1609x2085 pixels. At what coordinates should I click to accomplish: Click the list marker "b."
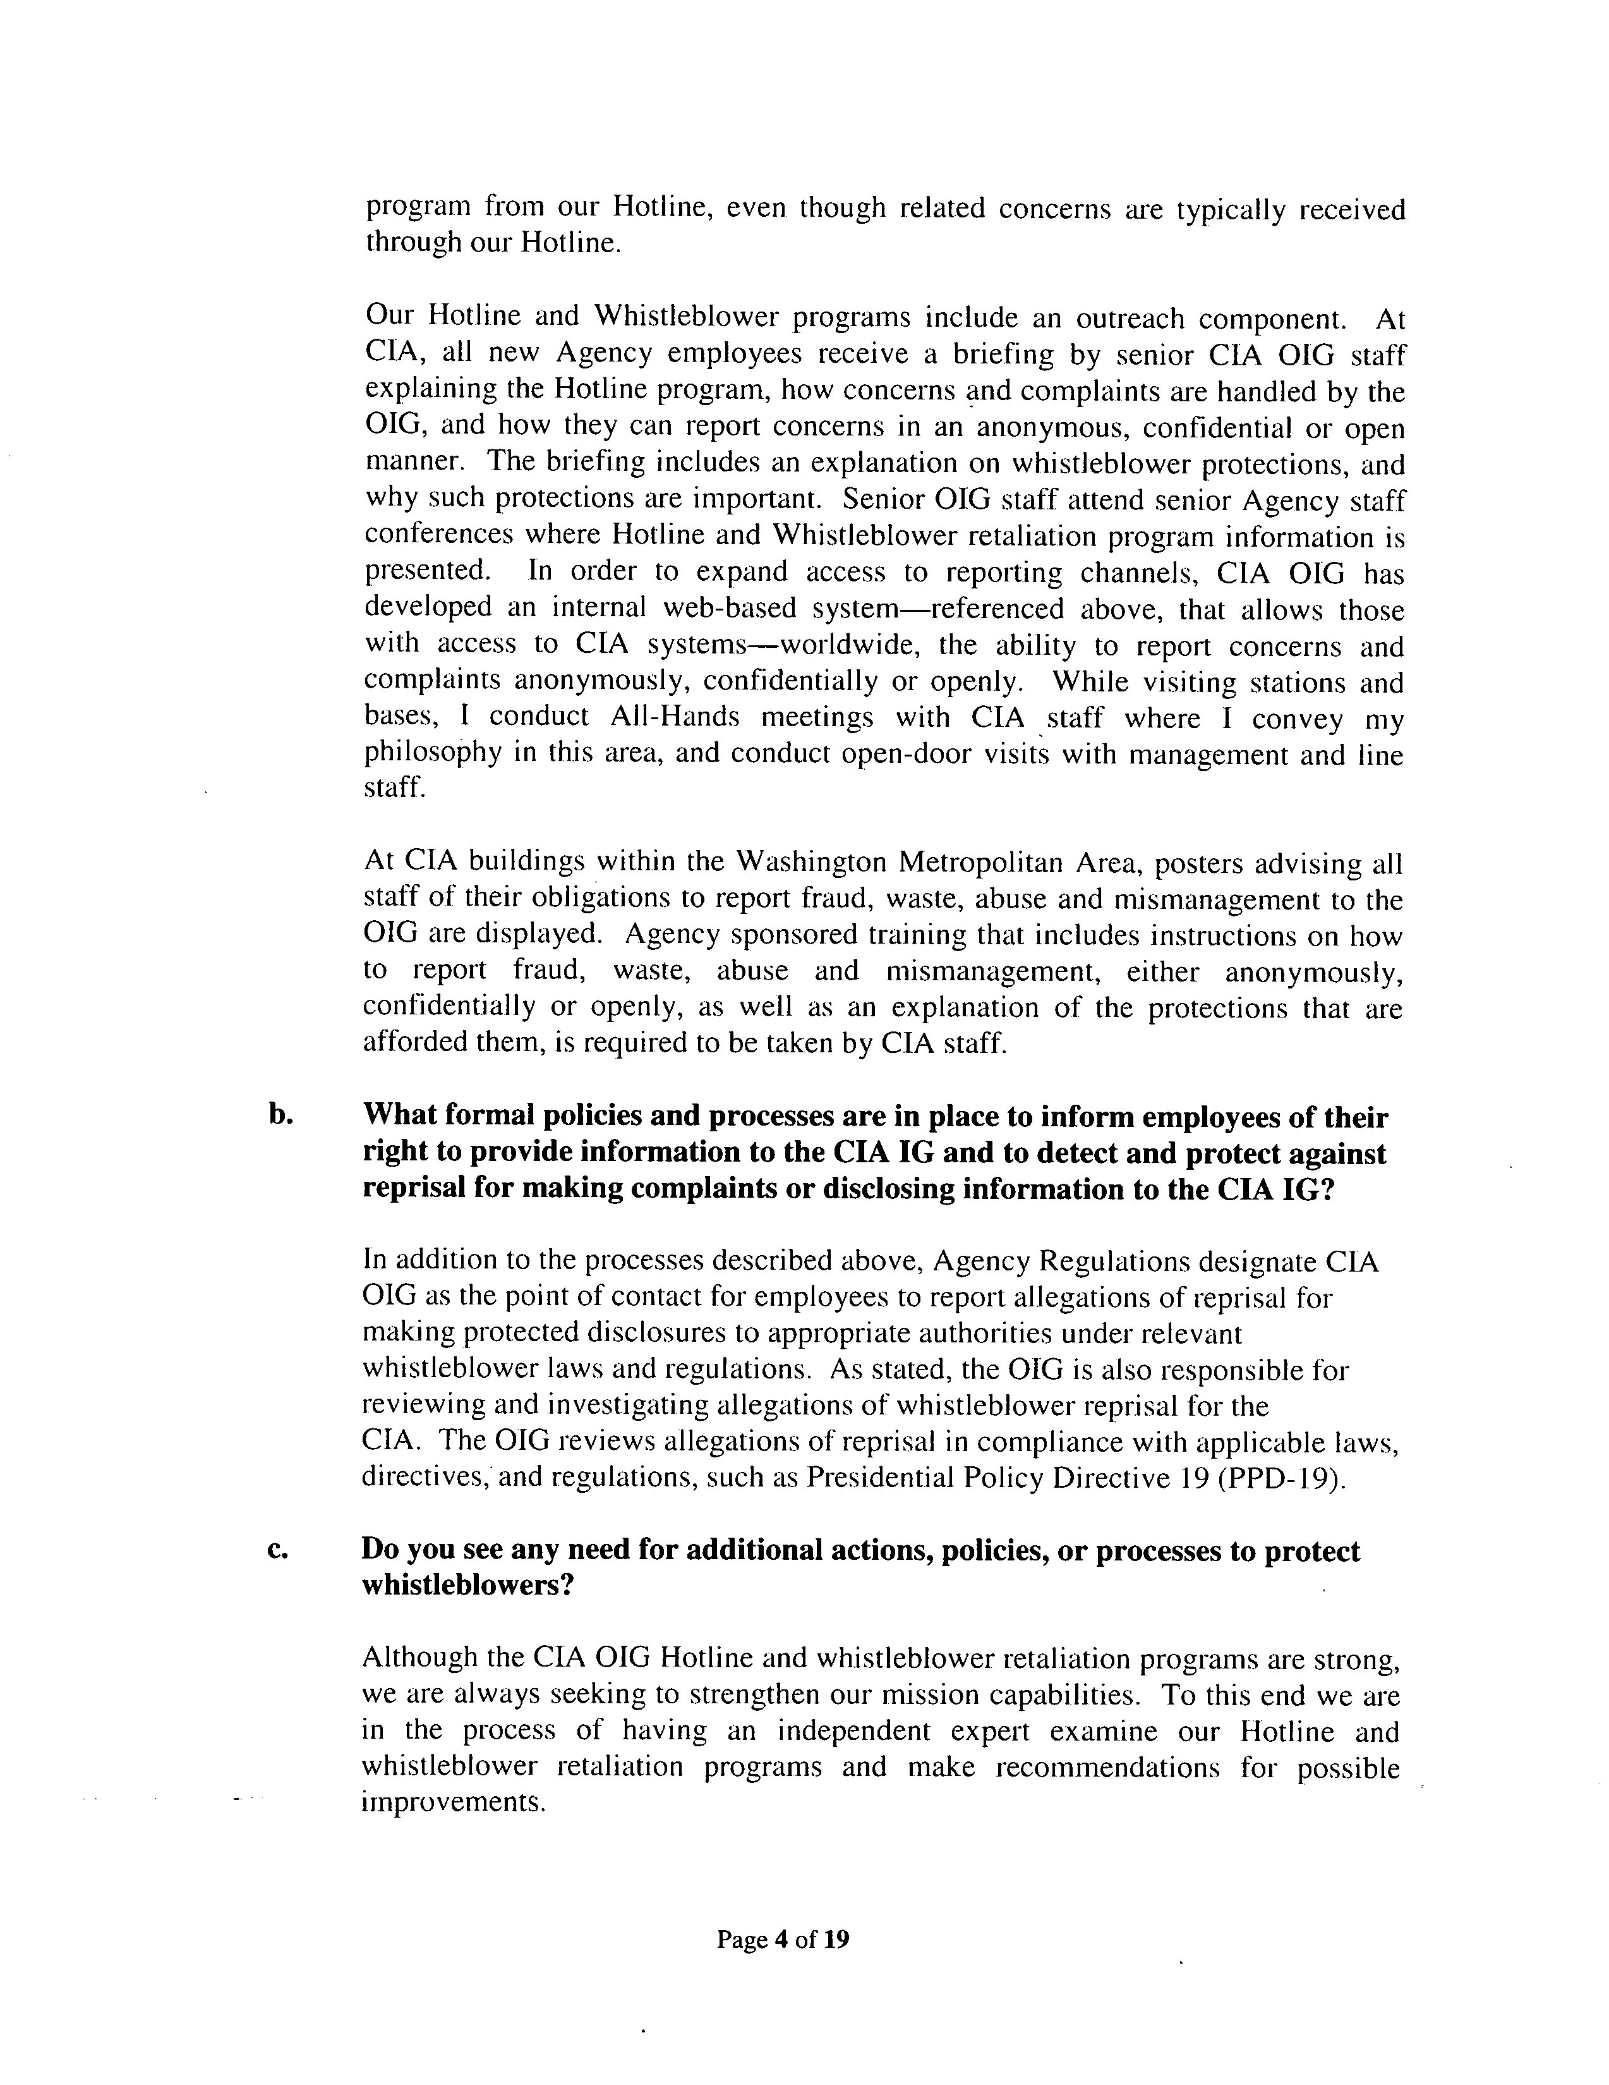point(279,1117)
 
